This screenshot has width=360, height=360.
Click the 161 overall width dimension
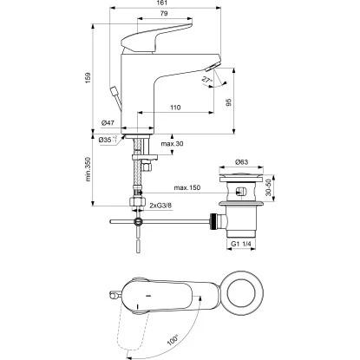[163, 3]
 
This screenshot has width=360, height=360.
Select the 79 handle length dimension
[164, 13]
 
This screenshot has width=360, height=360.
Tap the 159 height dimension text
[88, 78]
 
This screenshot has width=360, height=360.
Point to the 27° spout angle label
[206, 80]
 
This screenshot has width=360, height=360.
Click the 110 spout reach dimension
[175, 108]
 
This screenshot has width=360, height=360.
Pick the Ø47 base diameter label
[108, 123]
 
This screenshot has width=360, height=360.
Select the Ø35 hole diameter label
[108, 140]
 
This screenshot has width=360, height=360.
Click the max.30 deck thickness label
[173, 144]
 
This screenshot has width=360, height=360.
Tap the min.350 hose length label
[88, 169]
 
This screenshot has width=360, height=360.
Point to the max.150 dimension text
[187, 187]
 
